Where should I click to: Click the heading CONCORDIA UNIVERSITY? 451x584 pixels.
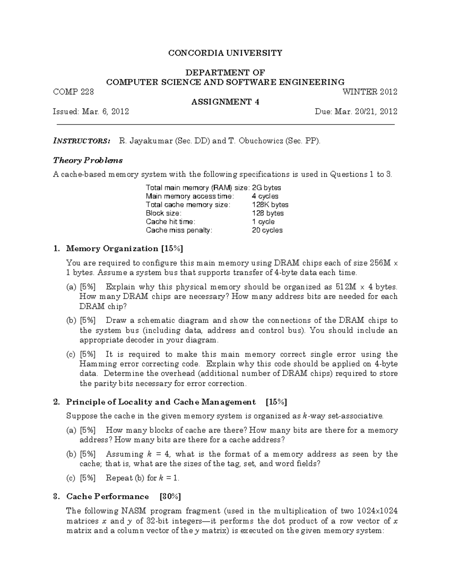pyautogui.click(x=225, y=53)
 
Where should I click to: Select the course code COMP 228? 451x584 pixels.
pyautogui.click(x=74, y=92)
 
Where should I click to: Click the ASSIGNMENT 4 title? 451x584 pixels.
pyautogui.click(x=225, y=102)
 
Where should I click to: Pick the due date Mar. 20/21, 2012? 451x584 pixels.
pyautogui.click(x=370, y=112)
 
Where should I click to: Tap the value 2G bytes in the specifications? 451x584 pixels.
pyautogui.click(x=266, y=188)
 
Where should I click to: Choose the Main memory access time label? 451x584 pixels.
pyautogui.click(x=190, y=196)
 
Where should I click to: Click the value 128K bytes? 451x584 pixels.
pyautogui.click(x=270, y=205)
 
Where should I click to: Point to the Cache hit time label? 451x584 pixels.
pyautogui.click(x=171, y=222)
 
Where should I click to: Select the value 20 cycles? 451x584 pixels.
pyautogui.click(x=267, y=230)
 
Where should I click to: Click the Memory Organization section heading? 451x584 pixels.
pyautogui.click(x=112, y=249)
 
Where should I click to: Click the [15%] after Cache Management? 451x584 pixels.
pyautogui.click(x=276, y=402)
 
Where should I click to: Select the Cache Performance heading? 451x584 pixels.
pyautogui.click(x=107, y=496)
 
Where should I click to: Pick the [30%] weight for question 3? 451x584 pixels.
pyautogui.click(x=170, y=496)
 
